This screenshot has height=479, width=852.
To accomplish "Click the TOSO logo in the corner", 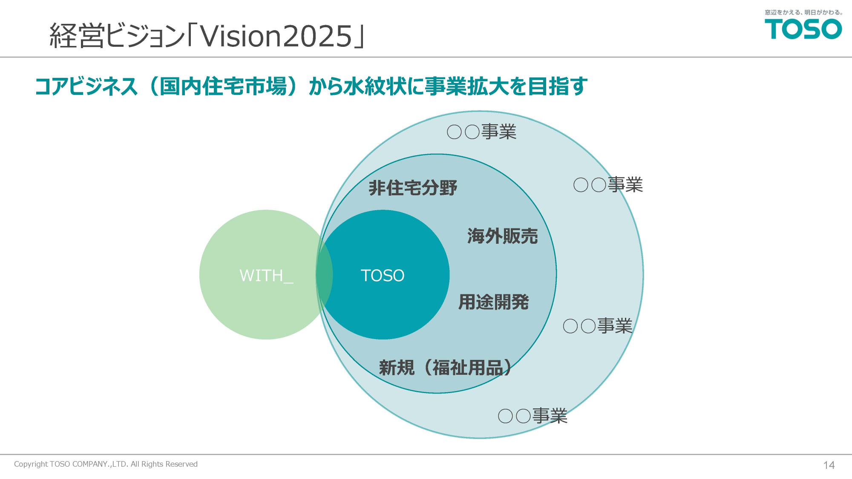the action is coord(803,29).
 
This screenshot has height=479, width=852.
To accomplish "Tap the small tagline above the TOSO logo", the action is coord(803,12).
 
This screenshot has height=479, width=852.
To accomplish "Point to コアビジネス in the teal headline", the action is coord(86,86).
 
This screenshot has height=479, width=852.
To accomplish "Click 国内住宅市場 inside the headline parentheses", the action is coord(223,86).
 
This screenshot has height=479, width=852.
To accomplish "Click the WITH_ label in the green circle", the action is coord(266,276).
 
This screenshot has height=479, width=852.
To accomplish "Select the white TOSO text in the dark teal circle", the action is coord(383,276).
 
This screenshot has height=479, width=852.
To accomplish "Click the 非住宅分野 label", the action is coord(413,188).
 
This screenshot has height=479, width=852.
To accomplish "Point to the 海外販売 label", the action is coord(503,236).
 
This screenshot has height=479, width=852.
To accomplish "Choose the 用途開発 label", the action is coord(494,302).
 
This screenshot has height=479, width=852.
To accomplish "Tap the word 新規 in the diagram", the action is coord(397,368).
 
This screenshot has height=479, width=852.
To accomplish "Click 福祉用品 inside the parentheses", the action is coord(468,368).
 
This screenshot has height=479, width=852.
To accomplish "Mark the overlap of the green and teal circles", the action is coord(324,274).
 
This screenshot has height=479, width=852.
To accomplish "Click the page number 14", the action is coord(829,465).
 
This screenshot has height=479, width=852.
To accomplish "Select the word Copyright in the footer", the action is coord(31,464).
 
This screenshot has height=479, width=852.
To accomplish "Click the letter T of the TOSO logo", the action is coord(775,29).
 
